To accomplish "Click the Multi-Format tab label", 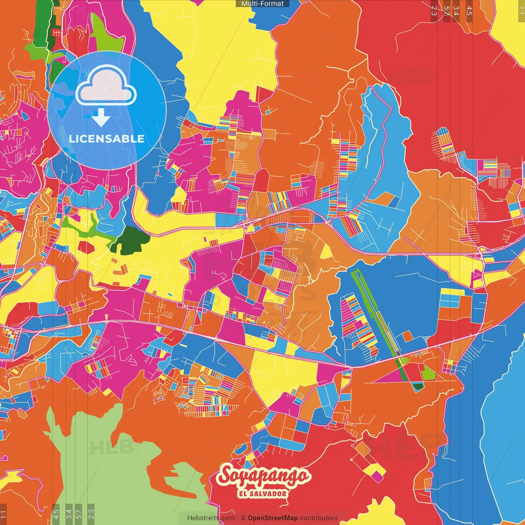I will point(262,4).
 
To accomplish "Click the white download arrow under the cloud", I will point(100,118).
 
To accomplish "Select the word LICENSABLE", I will point(107,139).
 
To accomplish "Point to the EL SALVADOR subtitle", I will point(263,494).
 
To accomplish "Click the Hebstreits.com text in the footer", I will point(211,518).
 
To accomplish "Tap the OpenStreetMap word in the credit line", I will point(272,518).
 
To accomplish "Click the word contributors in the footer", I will point(319,518).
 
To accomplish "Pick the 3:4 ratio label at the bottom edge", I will point(69,514).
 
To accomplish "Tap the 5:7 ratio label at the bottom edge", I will point(79,514).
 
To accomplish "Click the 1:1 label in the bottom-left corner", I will point(3,514).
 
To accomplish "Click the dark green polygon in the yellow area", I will point(130,240).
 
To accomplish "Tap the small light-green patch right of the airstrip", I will point(428,372).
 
